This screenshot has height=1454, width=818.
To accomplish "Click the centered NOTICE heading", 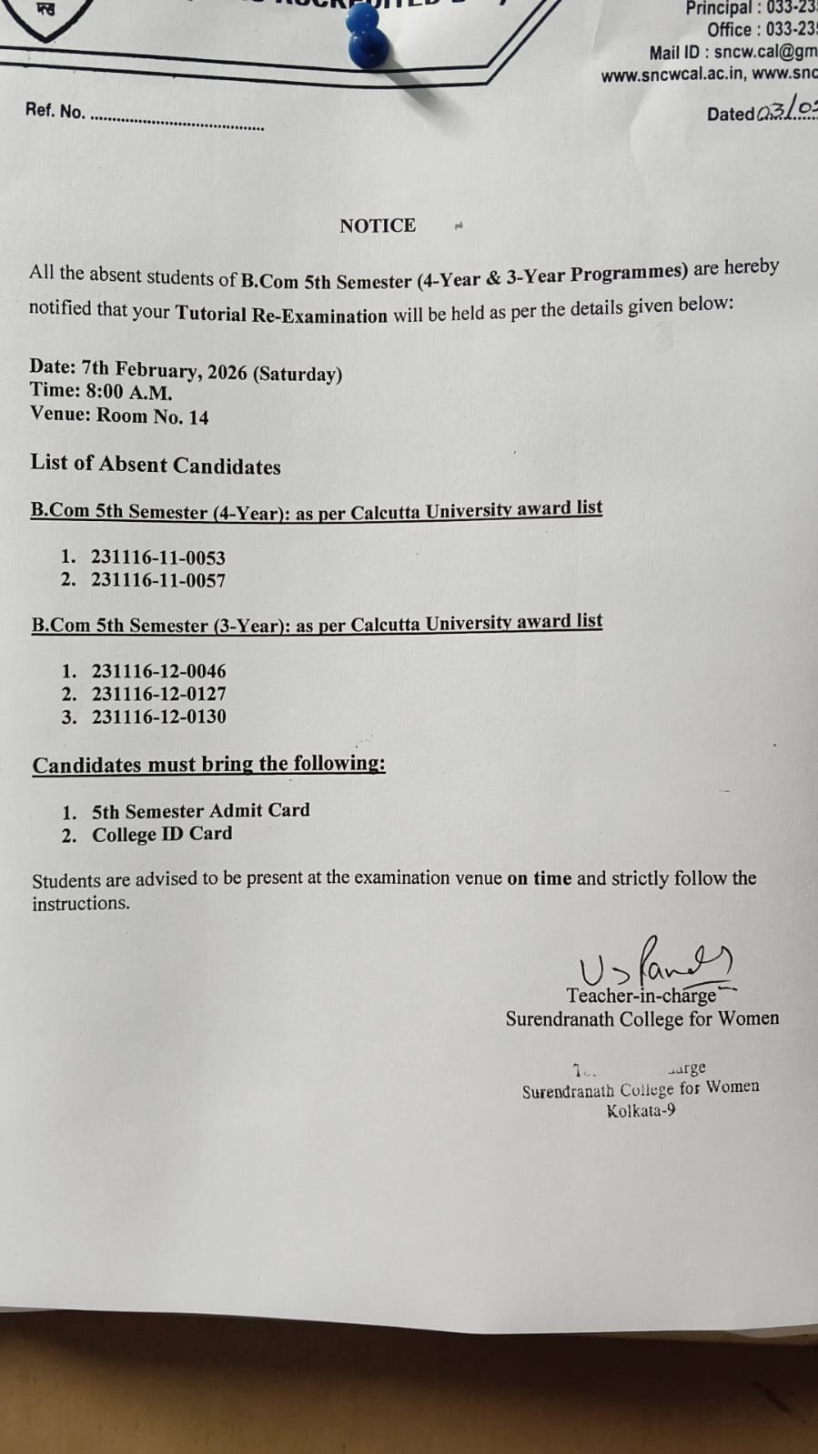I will click(378, 226).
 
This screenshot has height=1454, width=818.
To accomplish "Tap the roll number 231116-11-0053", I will click(157, 557).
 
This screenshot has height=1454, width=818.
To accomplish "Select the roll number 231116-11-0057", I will click(157, 580).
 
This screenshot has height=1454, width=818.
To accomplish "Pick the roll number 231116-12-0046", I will click(158, 671).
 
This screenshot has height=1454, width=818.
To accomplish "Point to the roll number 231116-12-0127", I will click(158, 694).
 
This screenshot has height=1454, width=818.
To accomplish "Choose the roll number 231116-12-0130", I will click(158, 717).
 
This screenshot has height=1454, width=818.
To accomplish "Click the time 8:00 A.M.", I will click(127, 393).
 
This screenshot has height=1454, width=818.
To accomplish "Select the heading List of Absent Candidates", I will click(156, 465).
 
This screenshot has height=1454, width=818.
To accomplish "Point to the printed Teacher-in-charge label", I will click(641, 996).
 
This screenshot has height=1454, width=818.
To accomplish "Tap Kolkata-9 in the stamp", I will click(641, 1110).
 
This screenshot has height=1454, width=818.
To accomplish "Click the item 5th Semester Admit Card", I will click(200, 810).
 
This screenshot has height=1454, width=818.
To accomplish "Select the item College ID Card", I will click(162, 834).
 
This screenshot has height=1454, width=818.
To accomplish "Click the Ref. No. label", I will click(55, 111).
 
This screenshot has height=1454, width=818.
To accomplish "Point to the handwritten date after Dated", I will click(787, 111).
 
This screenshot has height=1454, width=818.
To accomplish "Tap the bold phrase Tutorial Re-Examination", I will click(281, 315).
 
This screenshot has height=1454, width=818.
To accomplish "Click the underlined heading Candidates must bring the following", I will click(208, 764).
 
